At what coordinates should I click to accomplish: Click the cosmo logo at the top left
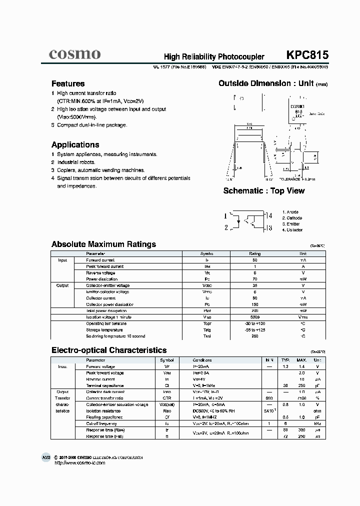75,54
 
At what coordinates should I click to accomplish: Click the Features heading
68,83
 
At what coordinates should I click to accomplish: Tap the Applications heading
75,145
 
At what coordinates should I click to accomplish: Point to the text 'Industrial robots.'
76,162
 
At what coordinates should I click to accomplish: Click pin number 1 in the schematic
225,216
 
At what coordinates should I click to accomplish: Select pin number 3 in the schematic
270,228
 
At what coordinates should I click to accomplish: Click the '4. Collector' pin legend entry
292,230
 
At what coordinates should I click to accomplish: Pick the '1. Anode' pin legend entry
290,212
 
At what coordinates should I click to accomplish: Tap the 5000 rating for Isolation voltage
255,317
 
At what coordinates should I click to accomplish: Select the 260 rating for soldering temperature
255,336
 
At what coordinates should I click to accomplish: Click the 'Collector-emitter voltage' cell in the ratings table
108,285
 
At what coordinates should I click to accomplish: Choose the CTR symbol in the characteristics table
167,398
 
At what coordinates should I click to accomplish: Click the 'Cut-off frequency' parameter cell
102,423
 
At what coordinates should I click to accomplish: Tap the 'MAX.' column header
301,360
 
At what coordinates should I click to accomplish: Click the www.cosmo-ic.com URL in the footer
79,463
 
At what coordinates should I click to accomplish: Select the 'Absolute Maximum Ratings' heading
103,244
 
